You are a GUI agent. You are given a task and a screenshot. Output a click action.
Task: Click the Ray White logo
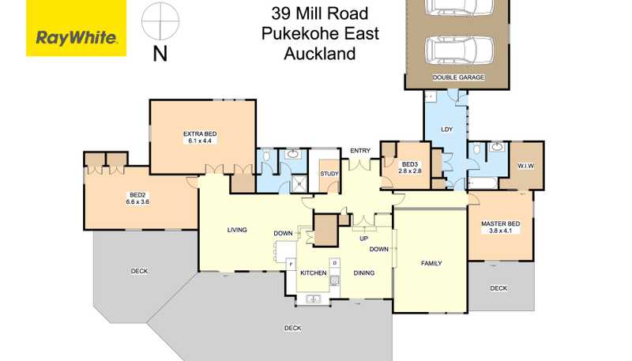click(76, 28)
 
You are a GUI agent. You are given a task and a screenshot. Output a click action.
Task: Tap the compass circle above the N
click(160, 21)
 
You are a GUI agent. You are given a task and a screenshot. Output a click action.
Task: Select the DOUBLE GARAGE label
click(458, 77)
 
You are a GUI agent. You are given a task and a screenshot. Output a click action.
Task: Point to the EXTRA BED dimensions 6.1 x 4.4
click(200, 141)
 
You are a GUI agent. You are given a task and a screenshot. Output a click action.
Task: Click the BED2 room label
click(137, 195)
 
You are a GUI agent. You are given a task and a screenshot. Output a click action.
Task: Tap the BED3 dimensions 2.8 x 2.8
click(410, 171)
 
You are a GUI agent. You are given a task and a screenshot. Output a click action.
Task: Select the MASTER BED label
click(500, 224)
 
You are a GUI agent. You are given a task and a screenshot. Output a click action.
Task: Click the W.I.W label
click(526, 166)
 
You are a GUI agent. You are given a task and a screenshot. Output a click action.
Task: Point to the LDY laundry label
click(447, 130)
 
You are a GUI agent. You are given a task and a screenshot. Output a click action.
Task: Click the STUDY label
click(329, 174)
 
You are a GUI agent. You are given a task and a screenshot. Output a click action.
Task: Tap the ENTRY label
click(360, 151)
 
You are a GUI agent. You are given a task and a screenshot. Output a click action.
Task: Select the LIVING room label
click(237, 230)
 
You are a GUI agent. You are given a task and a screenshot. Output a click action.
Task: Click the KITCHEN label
click(313, 273)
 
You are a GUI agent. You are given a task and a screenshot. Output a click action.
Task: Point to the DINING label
click(364, 273)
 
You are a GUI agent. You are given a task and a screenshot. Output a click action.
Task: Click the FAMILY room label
click(431, 263)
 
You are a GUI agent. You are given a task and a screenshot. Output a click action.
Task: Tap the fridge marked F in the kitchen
click(291, 264)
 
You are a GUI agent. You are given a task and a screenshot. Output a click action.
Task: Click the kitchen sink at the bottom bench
click(313, 299)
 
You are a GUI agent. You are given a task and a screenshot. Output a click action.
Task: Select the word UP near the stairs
click(364, 239)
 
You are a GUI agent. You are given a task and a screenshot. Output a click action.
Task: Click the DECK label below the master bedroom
click(498, 288)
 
